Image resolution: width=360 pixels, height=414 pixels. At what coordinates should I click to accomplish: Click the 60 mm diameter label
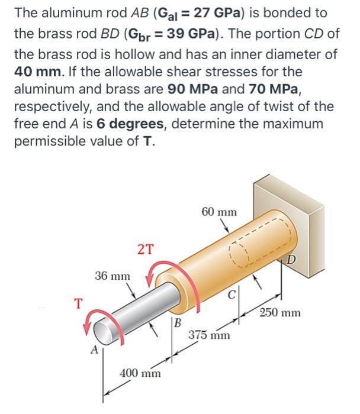(x=218, y=211)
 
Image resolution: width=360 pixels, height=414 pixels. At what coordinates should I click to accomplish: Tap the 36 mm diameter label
(x=113, y=276)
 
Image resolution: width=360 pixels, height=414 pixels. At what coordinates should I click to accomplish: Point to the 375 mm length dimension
(x=209, y=335)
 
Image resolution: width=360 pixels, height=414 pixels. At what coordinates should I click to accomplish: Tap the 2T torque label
(x=146, y=249)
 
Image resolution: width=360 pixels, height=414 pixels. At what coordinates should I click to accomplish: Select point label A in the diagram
(x=94, y=350)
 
